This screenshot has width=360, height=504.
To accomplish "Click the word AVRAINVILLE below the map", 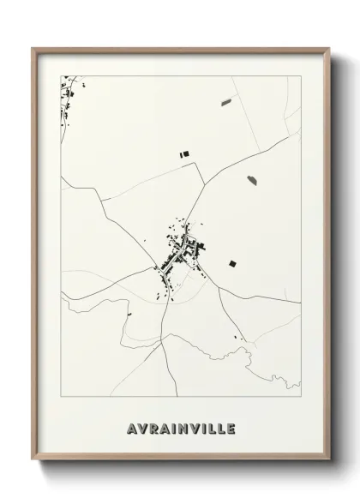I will tap(180, 426).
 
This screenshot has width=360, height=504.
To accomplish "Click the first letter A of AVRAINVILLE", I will tap(129, 426).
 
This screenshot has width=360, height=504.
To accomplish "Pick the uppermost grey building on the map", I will tap(226, 102).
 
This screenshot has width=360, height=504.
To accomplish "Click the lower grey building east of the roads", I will tap(252, 180).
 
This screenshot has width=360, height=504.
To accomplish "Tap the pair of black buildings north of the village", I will tap(183, 154).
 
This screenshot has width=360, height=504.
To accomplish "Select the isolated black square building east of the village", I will tap(231, 262).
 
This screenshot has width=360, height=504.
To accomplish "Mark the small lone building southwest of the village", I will tap(129, 313).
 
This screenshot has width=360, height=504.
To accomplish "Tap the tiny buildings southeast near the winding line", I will tap(243, 340).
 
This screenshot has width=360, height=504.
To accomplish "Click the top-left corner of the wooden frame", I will tap(33, 48).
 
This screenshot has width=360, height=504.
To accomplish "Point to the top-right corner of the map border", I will tap(301, 75).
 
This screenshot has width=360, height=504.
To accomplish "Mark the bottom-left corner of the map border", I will tap(61, 397).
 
